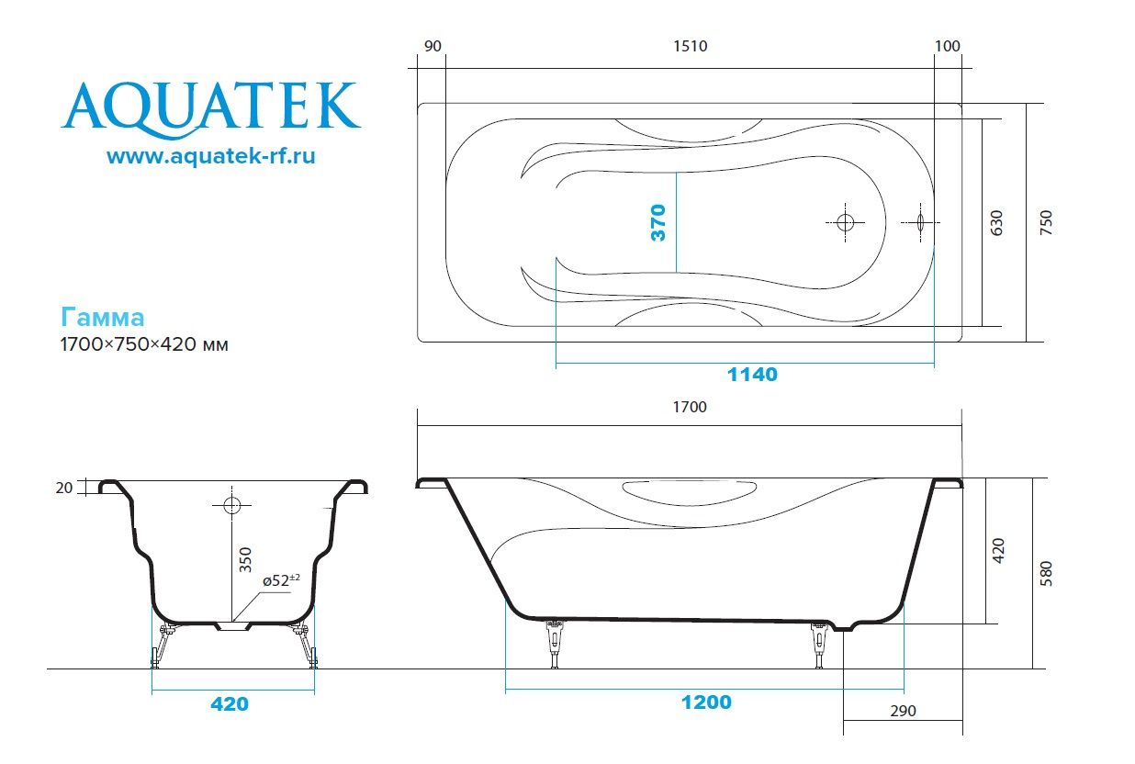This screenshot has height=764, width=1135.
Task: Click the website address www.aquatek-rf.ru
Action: click(210, 157)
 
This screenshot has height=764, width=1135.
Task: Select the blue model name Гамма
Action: click(102, 318)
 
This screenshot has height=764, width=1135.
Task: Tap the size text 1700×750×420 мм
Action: click(143, 345)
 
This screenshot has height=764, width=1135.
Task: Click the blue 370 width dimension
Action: click(657, 223)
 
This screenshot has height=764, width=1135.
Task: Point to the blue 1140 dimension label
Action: click(752, 375)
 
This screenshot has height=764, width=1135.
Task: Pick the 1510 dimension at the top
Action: click(690, 47)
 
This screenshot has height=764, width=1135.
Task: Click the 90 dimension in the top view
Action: click(434, 47)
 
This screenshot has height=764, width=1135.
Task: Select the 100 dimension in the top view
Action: click(948, 47)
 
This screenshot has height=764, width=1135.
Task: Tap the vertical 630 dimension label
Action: click(997, 223)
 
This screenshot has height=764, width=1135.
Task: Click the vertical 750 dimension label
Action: click(1045, 223)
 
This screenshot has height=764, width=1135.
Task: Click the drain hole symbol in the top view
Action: click(846, 222)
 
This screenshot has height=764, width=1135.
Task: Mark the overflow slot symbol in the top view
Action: click(920, 222)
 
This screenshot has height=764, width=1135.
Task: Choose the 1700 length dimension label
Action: click(690, 407)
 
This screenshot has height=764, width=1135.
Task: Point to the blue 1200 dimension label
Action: click(706, 702)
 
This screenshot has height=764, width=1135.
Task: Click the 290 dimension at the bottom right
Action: click(902, 711)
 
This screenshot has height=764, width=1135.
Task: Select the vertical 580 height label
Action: click(1046, 573)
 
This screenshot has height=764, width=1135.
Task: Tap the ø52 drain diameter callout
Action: click(282, 580)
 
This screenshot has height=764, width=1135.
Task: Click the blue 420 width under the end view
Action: click(230, 704)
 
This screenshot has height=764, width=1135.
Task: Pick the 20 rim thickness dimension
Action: click(63, 488)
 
